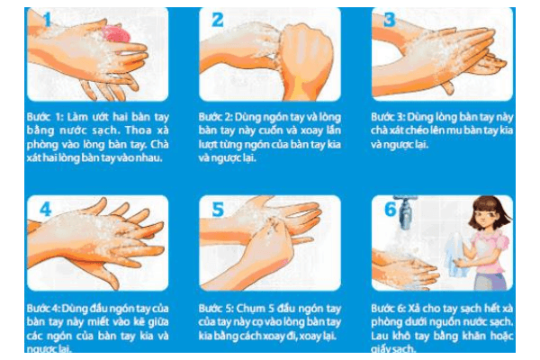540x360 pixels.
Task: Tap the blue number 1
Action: (47, 19)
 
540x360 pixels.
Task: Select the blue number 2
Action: (217, 20)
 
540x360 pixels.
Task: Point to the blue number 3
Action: (389, 20)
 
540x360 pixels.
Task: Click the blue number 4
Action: (46, 209)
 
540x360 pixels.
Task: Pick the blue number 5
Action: (218, 209)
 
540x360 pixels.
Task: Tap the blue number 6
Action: (391, 209)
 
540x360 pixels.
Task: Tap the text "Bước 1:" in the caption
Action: (44, 117)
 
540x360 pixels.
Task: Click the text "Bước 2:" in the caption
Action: (215, 117)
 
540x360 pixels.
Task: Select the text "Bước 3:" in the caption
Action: (388, 117)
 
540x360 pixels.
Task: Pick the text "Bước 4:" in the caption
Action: (43, 308)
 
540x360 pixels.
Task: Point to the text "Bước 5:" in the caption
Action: (215, 308)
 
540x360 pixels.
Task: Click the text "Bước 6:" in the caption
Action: (388, 308)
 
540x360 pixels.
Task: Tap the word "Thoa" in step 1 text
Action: (138, 130)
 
